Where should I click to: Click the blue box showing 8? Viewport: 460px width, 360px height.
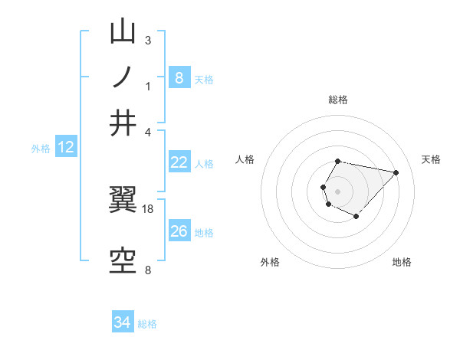pos(179,77)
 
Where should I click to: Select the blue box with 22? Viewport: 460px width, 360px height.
pos(179,162)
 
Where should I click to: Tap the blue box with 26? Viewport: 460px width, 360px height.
pos(179,231)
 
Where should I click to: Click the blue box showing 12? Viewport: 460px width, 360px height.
pos(65,147)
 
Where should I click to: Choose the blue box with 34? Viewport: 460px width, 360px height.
pos(122,322)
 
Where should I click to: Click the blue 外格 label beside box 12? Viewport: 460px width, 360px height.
pos(41,149)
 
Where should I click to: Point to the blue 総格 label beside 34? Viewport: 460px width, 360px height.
pos(147,324)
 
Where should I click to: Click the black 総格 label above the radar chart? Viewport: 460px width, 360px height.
pos(338,100)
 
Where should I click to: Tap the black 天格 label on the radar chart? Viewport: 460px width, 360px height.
pos(431,159)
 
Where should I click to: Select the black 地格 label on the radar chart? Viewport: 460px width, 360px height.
pos(402,262)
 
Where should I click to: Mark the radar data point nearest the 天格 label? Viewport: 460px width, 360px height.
pos(396,172)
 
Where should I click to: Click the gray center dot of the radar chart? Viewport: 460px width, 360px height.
pos(337,191)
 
